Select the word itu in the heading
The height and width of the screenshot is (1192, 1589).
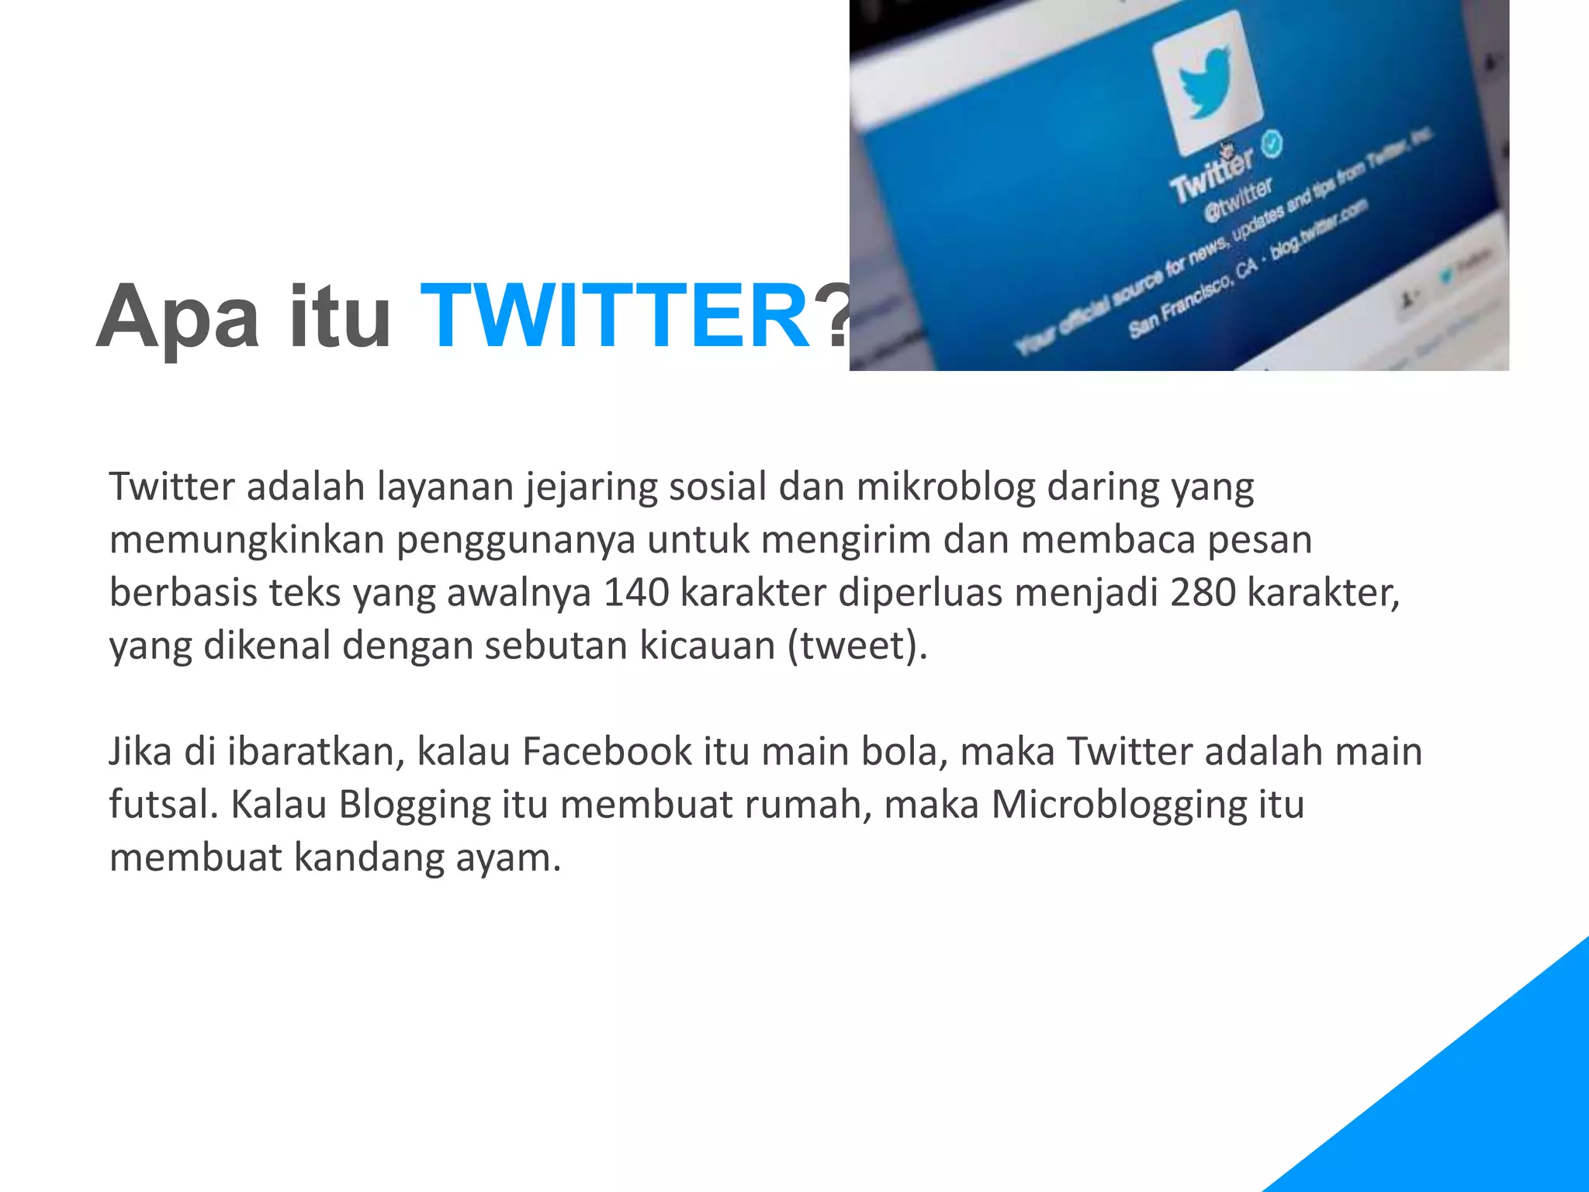pyautogui.click(x=340, y=317)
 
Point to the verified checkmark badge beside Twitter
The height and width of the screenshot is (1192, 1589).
pyautogui.click(x=1272, y=144)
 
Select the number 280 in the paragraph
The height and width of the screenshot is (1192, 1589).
pyautogui.click(x=1203, y=593)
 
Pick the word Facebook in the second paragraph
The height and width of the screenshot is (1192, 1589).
pyautogui.click(x=607, y=751)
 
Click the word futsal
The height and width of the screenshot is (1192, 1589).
pyautogui.click(x=163, y=804)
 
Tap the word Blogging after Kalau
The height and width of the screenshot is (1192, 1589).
pyautogui.click(x=415, y=806)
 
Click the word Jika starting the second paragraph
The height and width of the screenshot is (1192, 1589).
pyautogui.click(x=140, y=751)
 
